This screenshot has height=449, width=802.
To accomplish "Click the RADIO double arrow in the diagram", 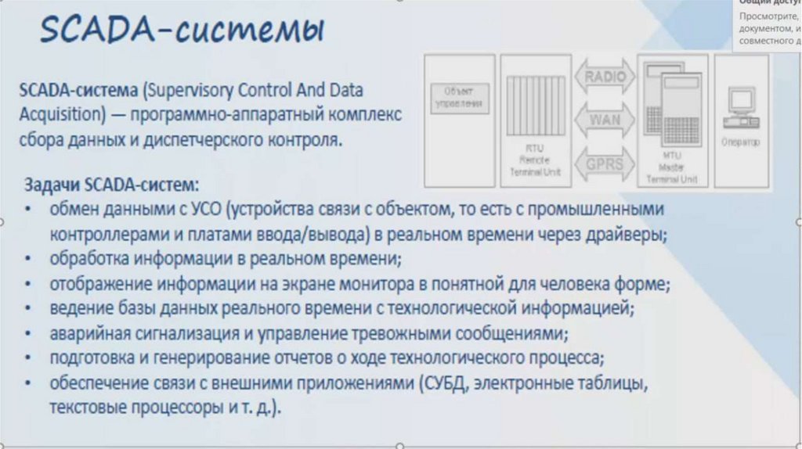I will click(x=605, y=77).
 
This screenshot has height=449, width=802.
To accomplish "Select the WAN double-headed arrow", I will click(x=605, y=121).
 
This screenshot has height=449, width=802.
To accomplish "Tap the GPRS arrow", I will click(x=605, y=164).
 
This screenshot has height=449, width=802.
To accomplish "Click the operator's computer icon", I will click(x=741, y=106).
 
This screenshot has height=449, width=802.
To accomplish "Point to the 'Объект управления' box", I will click(x=459, y=96).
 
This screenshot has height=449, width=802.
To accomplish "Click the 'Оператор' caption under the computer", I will click(x=741, y=142).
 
